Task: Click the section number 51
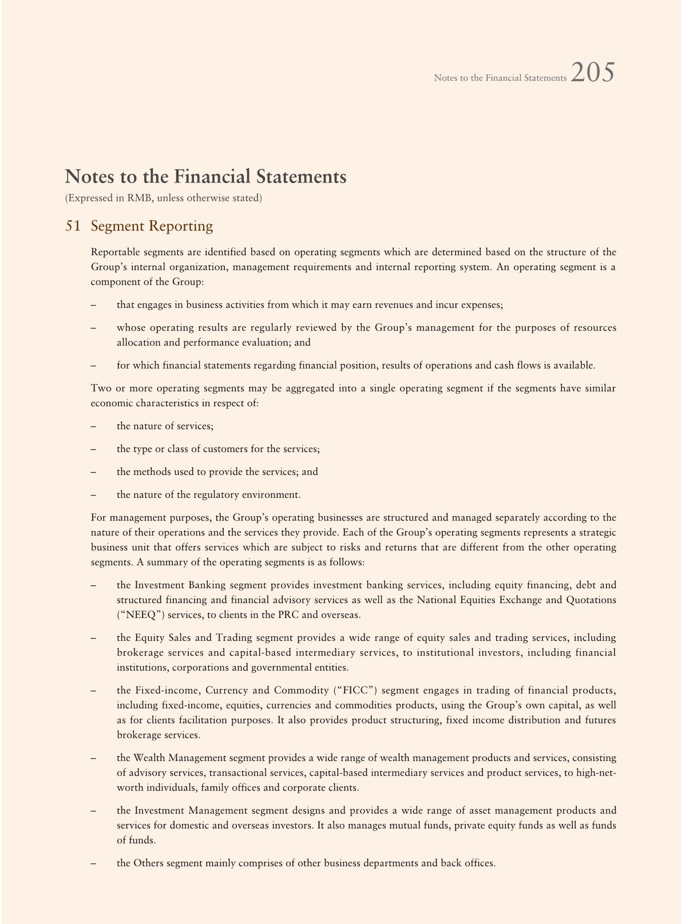[73, 226]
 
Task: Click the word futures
[600, 720]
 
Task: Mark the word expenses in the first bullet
[481, 304]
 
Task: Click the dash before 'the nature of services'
[93, 426]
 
